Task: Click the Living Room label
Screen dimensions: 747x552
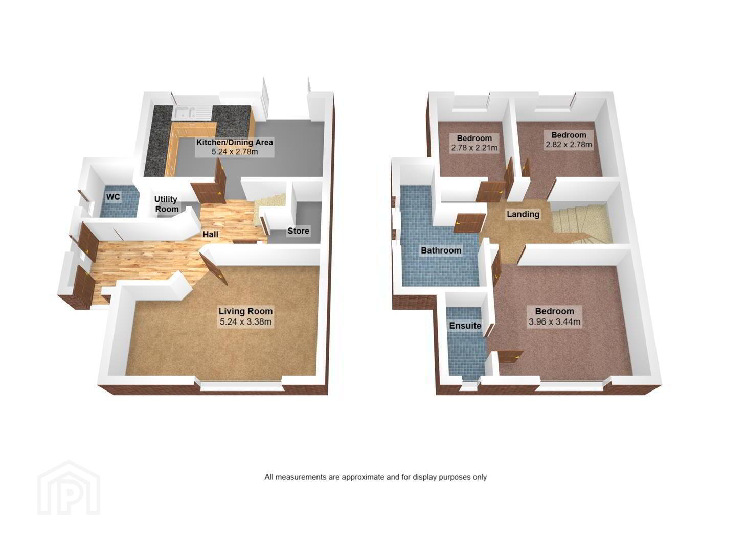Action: tap(245, 311)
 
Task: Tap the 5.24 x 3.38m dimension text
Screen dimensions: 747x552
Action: tap(245, 321)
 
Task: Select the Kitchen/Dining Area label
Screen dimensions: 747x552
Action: tap(234, 142)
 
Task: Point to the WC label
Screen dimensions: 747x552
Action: tap(113, 197)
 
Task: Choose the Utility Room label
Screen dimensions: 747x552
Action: tap(166, 204)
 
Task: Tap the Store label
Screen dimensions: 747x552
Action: tap(298, 231)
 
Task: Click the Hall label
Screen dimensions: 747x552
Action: tap(211, 234)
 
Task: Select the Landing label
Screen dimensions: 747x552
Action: tap(523, 214)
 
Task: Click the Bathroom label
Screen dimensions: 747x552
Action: tap(441, 250)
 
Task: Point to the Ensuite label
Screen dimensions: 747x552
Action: tap(465, 326)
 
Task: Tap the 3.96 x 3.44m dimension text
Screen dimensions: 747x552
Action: tap(554, 321)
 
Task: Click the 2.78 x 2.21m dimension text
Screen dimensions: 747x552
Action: tap(474, 148)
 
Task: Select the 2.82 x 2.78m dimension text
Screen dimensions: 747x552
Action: tap(569, 145)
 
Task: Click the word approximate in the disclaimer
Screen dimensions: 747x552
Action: tap(363, 477)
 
